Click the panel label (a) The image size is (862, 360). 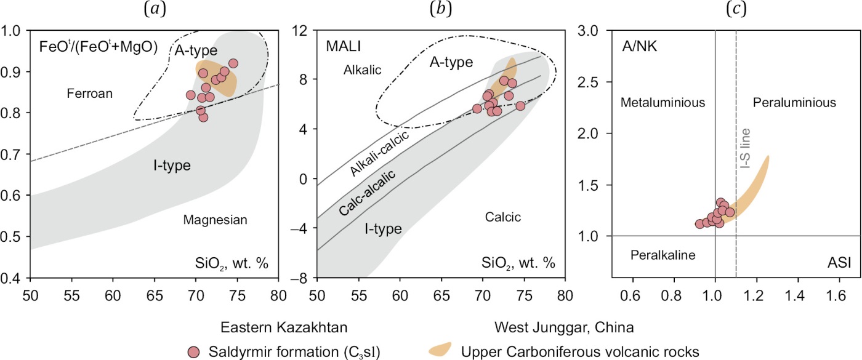point(154,10)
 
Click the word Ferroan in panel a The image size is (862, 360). point(90,94)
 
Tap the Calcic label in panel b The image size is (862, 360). point(502,217)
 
